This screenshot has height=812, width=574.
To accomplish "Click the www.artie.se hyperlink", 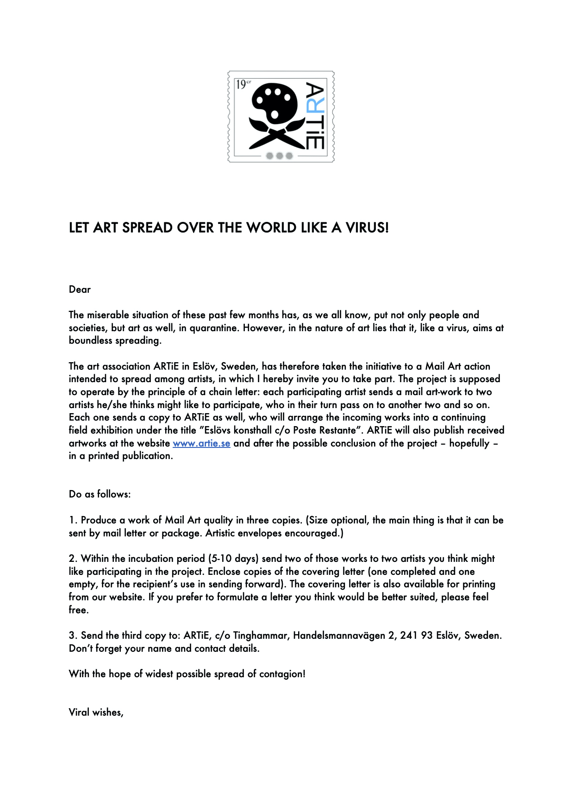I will tap(201, 443).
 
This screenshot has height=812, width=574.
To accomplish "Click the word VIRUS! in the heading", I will tap(367, 228).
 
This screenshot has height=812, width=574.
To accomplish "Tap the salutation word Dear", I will tap(80, 290).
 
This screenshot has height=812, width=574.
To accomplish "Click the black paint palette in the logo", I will tap(274, 102).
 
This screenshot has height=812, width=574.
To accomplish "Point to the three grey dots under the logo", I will tap(280, 156).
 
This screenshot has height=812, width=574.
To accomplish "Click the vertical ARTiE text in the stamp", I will tap(315, 116).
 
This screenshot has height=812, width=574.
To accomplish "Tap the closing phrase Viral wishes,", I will tap(96, 712).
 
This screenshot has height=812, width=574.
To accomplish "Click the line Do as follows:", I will tap(100, 494).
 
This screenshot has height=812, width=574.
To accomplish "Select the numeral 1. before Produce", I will tap(73, 520).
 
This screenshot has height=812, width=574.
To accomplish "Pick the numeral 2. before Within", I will tap(73, 559).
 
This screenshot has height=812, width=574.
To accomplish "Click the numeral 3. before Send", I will tap(73, 636).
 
